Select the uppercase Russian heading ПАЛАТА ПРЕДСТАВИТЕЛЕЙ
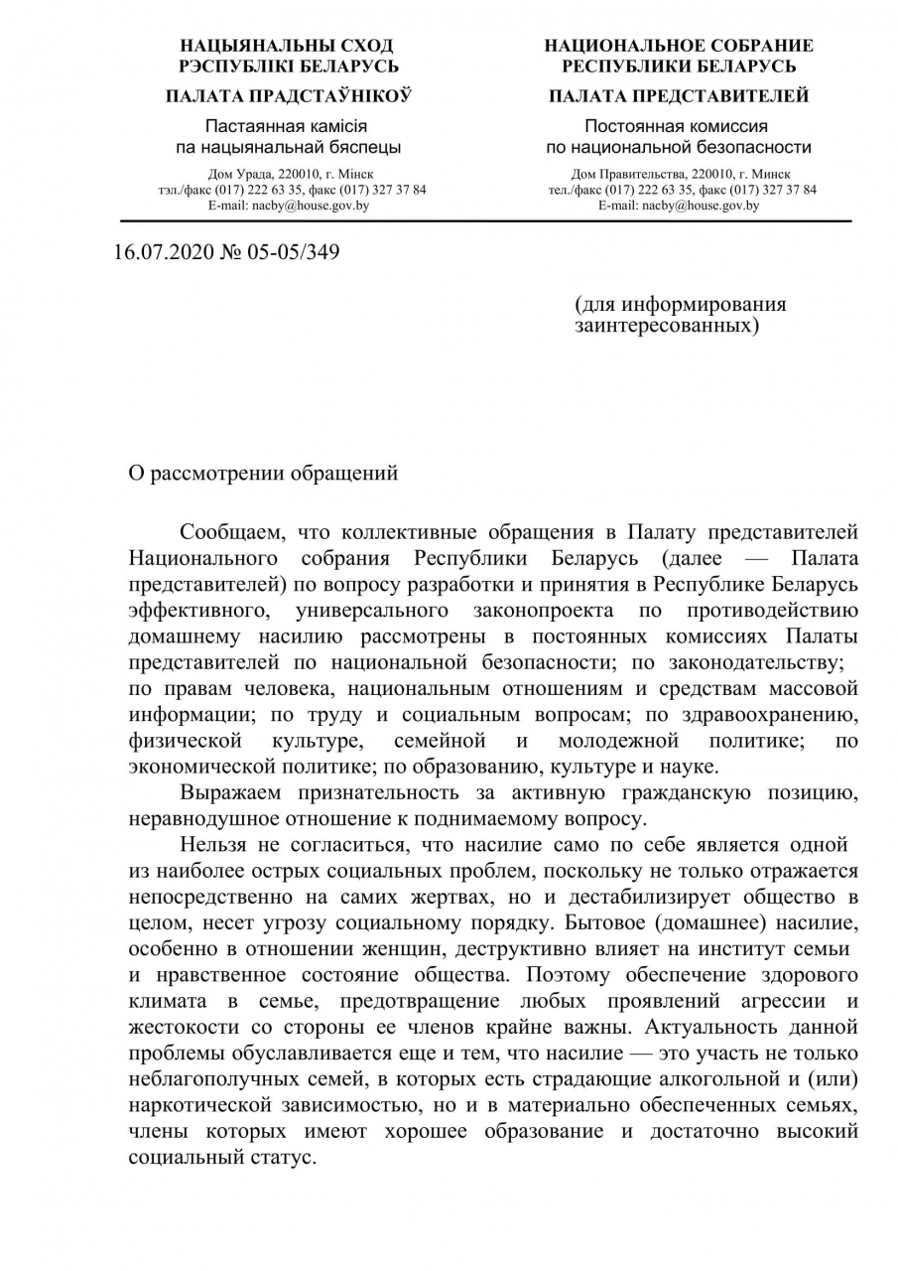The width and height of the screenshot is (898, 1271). (x=679, y=96)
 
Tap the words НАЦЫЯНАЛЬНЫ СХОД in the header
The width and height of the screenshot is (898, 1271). (x=287, y=46)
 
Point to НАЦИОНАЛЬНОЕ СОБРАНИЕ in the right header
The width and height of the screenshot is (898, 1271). (x=679, y=46)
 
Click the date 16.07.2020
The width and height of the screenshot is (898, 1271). (x=156, y=252)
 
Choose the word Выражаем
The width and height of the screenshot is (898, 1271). (x=231, y=791)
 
